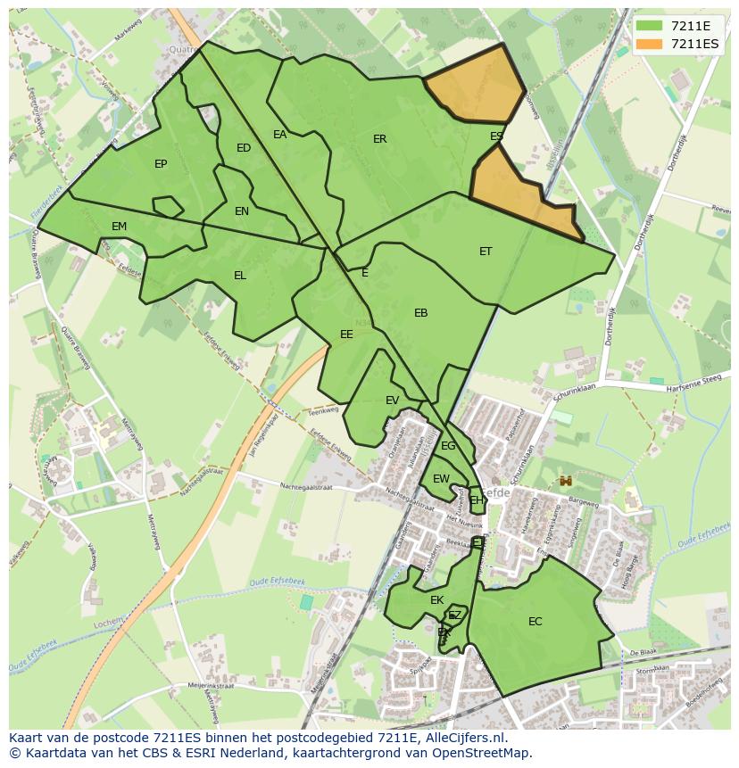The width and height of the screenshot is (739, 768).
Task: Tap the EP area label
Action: click(161, 163)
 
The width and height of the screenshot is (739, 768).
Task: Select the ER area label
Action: click(380, 139)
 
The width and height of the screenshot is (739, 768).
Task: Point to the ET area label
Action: click(486, 252)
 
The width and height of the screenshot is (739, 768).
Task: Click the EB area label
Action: click(421, 313)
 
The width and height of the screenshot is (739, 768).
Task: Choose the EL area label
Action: click(240, 276)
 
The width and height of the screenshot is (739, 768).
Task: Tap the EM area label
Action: click(120, 227)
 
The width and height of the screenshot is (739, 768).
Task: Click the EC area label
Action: click(536, 622)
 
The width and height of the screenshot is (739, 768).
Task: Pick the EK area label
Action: click(437, 600)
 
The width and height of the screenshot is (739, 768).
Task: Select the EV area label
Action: click(393, 401)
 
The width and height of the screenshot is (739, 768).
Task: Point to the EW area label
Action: click(441, 479)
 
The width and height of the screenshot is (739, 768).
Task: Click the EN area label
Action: click(242, 211)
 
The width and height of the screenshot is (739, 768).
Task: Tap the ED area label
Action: click(244, 148)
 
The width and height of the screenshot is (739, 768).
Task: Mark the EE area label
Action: click(346, 334)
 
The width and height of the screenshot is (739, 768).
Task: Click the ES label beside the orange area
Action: click(496, 136)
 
